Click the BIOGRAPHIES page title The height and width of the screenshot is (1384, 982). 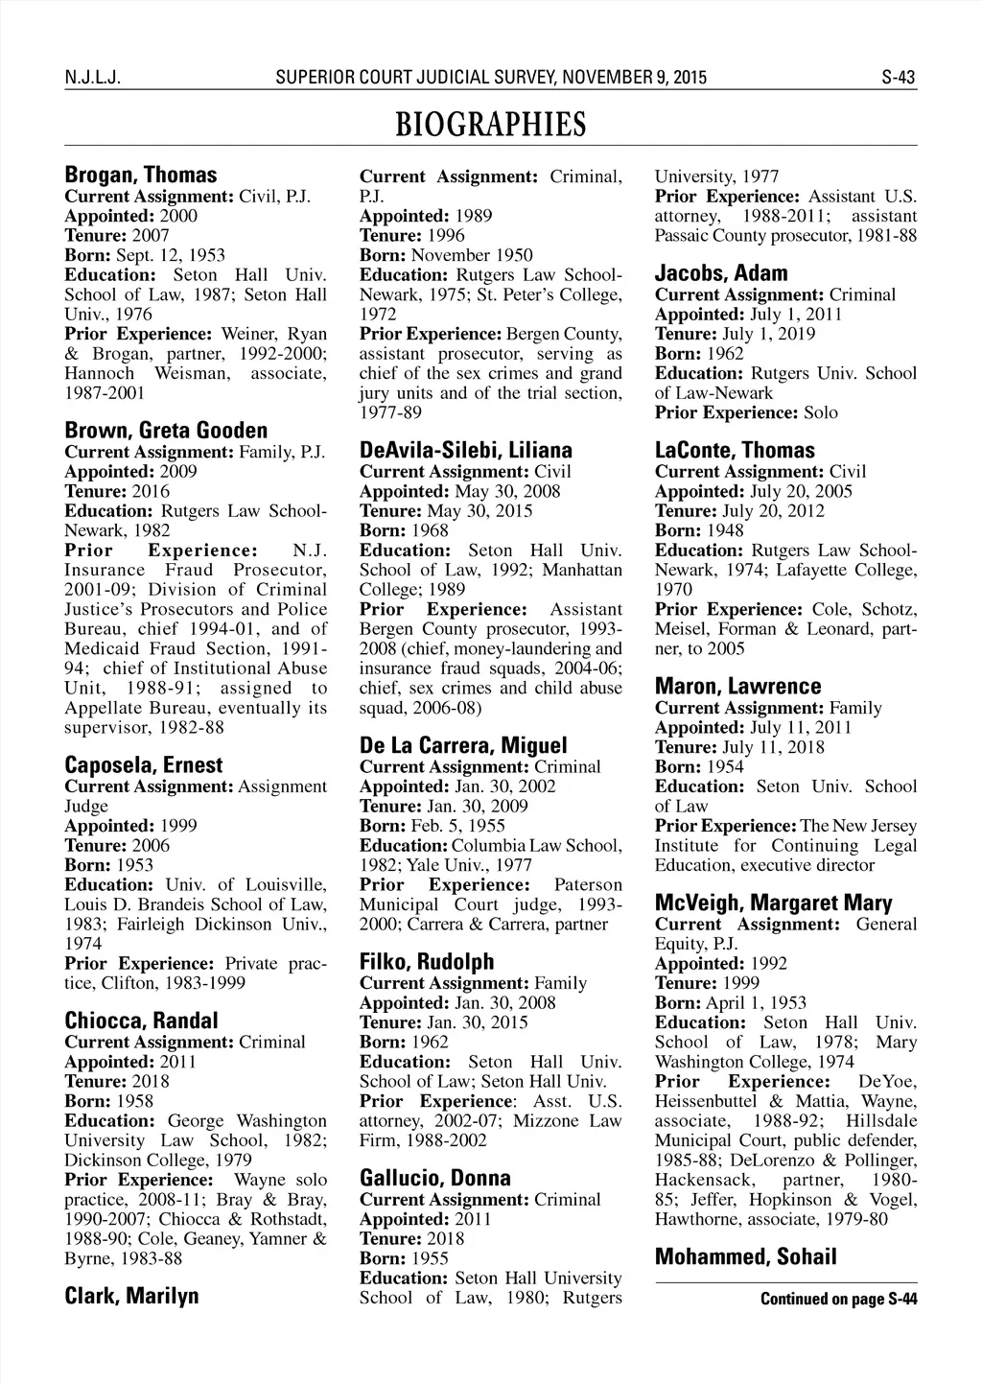[490, 126]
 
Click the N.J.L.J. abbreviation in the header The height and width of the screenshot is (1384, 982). [90, 78]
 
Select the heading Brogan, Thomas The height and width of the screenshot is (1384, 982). [140, 176]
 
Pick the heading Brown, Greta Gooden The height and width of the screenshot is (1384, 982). [166, 431]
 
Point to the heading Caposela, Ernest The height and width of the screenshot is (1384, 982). [143, 765]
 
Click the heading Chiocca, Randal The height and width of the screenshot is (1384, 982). [141, 1020]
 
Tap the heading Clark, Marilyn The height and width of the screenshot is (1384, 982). [131, 1296]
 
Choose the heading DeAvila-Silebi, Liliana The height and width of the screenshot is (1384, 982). [466, 451]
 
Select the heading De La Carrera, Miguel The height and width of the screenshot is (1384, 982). [463, 745]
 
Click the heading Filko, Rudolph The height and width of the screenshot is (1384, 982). [427, 962]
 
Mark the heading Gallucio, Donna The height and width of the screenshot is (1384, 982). [435, 1178]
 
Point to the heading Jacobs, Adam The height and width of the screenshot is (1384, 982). [721, 273]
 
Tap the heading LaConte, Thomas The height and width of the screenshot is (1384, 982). [735, 451]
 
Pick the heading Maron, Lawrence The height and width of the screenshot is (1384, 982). [737, 687]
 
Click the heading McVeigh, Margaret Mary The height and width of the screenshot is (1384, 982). [773, 903]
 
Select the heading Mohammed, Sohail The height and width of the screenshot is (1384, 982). [745, 1257]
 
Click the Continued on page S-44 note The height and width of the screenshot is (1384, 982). [838, 1300]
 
